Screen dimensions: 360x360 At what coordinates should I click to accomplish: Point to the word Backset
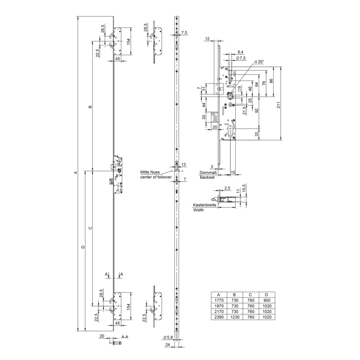click(207, 178)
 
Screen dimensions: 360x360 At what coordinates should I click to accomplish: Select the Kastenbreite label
click(204, 205)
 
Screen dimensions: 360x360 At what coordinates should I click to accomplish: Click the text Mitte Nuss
click(150, 172)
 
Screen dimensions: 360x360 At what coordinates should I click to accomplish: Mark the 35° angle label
click(260, 61)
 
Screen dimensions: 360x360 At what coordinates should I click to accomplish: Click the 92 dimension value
click(257, 111)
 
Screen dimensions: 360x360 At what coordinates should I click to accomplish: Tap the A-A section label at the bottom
click(125, 337)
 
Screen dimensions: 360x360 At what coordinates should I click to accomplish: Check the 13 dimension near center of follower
click(184, 164)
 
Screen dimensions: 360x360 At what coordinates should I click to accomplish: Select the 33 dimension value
click(257, 134)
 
